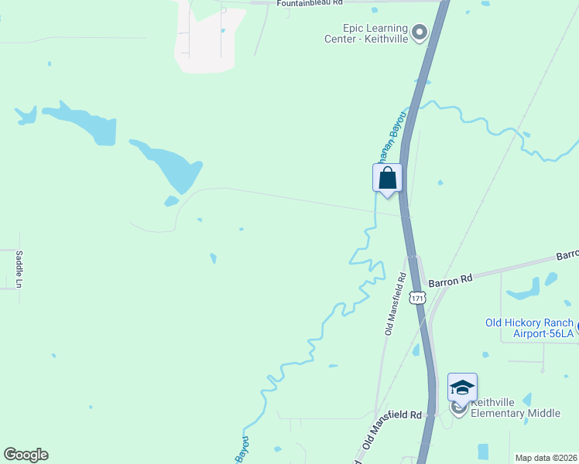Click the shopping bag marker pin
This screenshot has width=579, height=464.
388,179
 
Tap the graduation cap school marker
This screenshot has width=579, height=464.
462,387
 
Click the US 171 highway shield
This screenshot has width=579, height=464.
418,298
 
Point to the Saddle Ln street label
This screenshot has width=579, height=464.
19,269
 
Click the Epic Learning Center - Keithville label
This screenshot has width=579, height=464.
368,33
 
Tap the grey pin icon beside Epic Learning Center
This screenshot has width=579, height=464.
420,32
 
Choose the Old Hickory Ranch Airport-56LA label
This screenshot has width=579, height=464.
529,328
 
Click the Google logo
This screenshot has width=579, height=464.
26,455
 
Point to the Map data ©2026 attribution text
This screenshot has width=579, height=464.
545,458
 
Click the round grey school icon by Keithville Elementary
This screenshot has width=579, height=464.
459,408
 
